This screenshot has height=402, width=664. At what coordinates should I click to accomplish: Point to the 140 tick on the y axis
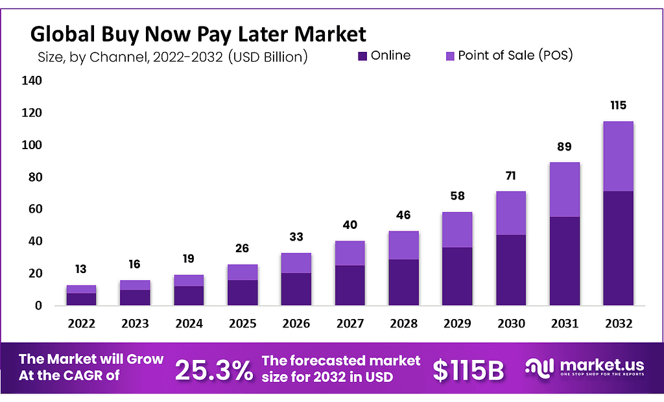(32, 81)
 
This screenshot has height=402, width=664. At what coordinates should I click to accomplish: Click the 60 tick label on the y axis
(34, 209)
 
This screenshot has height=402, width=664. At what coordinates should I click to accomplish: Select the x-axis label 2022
(81, 322)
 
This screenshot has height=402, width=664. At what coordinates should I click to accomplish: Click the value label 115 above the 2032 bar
(618, 105)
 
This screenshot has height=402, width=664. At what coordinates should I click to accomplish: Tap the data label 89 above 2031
(564, 146)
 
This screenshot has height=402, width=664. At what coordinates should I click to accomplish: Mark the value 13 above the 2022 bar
(81, 269)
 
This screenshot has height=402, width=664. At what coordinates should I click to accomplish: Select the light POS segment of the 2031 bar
(564, 189)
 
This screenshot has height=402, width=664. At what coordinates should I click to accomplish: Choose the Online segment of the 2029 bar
(457, 276)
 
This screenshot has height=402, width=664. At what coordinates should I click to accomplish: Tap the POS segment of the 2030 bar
(510, 213)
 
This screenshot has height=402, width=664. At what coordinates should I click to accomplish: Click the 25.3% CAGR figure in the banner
(214, 370)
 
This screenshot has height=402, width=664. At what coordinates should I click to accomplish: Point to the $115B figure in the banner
(468, 370)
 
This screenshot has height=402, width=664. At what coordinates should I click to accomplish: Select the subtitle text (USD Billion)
(268, 57)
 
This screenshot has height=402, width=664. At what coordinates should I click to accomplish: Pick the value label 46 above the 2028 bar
(403, 215)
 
